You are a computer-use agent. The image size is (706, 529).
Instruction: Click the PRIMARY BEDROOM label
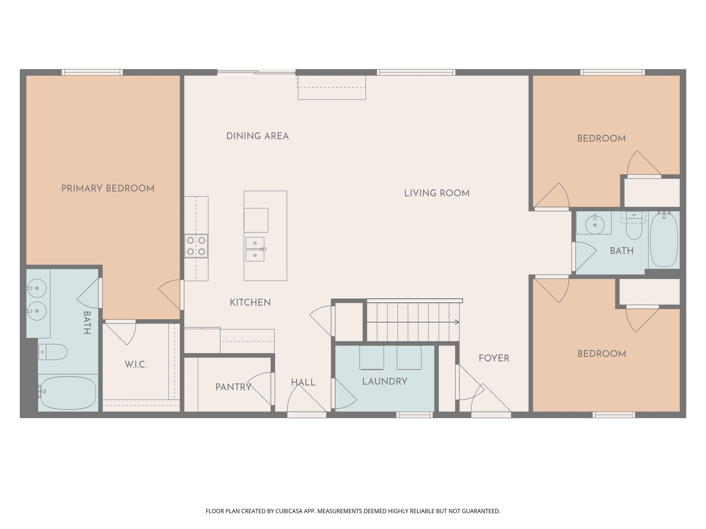(108, 189)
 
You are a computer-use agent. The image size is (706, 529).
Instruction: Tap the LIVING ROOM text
(437, 193)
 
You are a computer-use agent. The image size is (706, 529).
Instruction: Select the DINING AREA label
(257, 136)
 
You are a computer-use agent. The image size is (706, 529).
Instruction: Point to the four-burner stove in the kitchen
(196, 246)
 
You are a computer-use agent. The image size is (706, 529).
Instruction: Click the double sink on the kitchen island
(255, 249)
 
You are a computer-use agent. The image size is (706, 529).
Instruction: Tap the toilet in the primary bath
(53, 352)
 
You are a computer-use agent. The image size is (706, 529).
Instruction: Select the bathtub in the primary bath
(68, 393)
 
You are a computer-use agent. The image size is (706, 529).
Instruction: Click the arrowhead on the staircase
(457, 322)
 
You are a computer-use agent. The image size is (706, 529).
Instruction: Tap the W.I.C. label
(136, 364)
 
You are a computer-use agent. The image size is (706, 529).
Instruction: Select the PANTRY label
(233, 387)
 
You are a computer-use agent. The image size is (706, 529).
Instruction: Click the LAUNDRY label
(384, 381)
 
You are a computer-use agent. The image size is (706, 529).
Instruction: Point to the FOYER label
(494, 358)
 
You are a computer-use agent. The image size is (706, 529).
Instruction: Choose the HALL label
(303, 382)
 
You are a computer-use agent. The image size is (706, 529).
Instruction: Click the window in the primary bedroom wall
(92, 72)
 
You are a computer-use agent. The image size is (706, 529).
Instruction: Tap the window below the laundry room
(414, 414)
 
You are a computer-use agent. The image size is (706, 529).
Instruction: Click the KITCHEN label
(250, 302)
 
